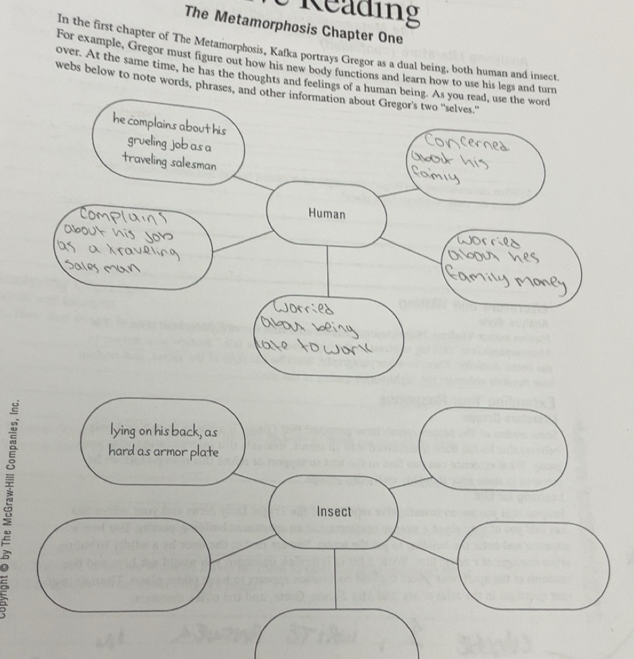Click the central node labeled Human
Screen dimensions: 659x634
coord(326,214)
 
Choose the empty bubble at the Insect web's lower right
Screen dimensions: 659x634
coord(542,566)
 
